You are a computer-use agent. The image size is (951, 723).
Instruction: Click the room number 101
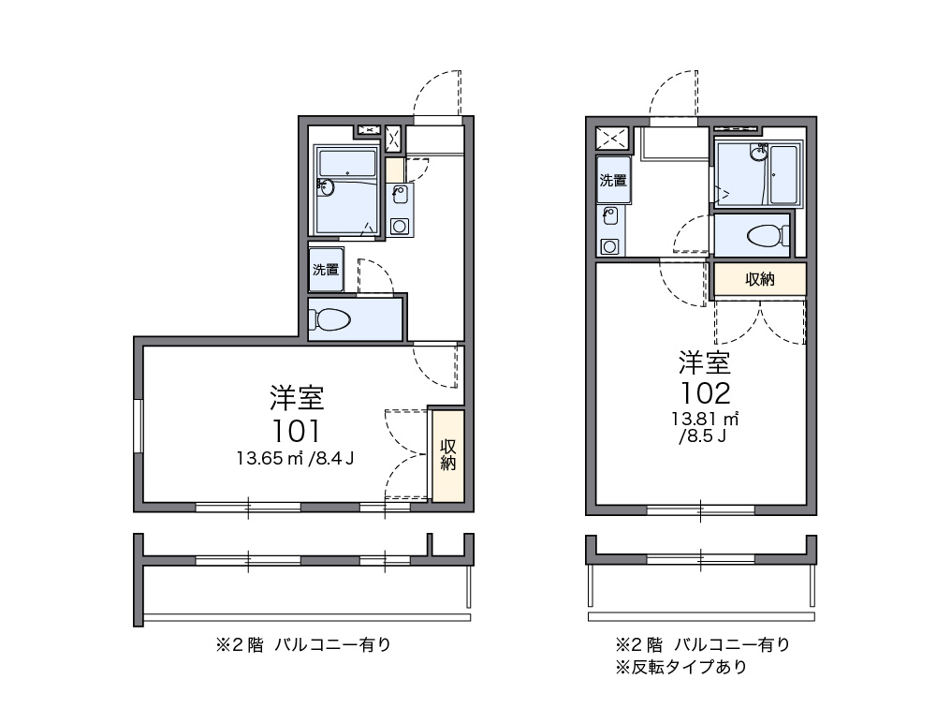click(296, 431)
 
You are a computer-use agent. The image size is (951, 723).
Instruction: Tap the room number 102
click(706, 392)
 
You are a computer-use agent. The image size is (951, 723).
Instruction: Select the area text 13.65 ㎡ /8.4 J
click(296, 458)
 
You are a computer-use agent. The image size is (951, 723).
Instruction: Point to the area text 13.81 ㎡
click(704, 419)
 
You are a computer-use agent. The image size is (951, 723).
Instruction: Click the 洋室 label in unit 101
click(297, 398)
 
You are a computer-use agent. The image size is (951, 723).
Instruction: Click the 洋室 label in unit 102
click(705, 362)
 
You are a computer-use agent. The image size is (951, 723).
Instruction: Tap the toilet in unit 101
click(329, 319)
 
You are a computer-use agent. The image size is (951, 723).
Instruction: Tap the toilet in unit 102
click(768, 235)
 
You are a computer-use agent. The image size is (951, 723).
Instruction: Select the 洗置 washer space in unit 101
click(326, 269)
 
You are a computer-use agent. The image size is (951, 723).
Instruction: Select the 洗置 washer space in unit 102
click(613, 180)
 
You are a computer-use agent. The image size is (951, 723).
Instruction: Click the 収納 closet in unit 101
click(448, 455)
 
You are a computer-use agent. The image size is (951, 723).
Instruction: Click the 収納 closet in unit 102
click(760, 279)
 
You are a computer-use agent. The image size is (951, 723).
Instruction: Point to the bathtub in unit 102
click(783, 174)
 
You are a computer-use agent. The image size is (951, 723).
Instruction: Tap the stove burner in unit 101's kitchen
click(399, 227)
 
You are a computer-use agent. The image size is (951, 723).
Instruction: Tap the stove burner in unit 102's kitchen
click(609, 246)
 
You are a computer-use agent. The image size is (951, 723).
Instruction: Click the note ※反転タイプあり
click(680, 667)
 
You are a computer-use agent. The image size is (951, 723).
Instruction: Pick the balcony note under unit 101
click(303, 644)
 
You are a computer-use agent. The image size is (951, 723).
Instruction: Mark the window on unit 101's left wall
click(138, 425)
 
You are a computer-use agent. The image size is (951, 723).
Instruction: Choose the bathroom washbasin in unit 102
click(759, 153)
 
